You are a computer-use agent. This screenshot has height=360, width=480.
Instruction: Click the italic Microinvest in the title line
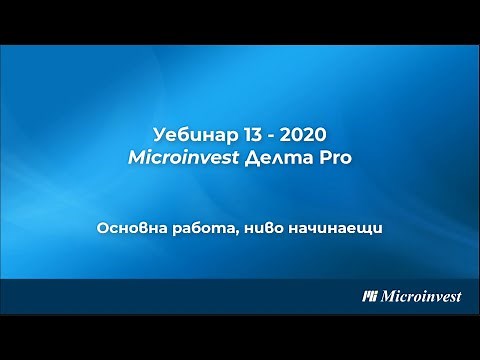point(190,157)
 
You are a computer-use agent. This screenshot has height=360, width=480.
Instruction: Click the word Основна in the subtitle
point(130,229)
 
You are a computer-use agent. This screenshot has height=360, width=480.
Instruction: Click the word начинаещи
point(334,230)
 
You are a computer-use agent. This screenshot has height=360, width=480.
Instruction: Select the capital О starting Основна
point(103,229)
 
